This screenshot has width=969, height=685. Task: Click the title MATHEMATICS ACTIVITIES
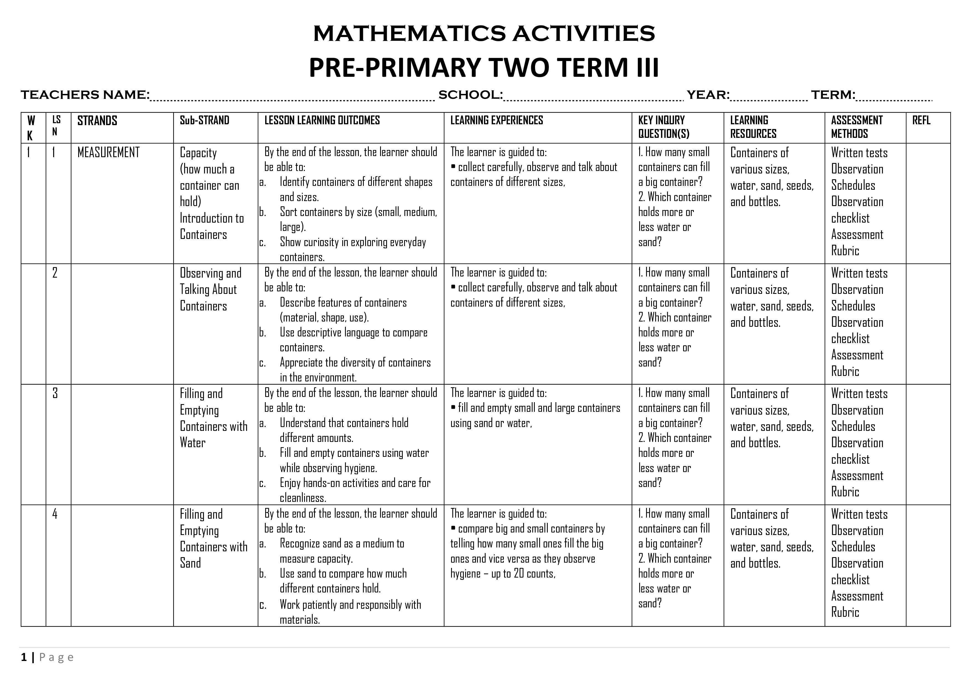coord(484,34)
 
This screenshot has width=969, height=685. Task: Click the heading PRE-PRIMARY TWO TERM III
coord(484,67)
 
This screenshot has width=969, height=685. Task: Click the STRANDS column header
coord(97,121)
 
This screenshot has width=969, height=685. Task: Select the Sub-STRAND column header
coord(204,121)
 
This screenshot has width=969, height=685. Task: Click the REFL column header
coord(921,121)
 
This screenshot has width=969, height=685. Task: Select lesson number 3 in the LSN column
coord(55,393)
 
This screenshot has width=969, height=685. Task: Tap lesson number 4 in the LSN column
coord(55,514)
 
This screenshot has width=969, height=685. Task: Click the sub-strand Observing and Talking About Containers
coord(210,289)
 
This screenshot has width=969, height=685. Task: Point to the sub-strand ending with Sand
coord(213,539)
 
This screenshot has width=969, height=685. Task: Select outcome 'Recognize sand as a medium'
coord(342,544)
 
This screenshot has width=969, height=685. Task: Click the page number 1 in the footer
coord(24,657)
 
